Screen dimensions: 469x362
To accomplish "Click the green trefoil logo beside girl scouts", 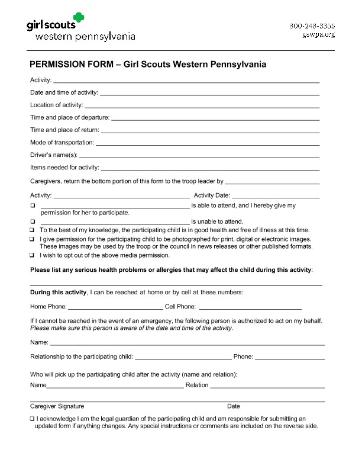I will coord(78,19).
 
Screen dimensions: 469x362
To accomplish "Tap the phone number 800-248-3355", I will coord(312,26).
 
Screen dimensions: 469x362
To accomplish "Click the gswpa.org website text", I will coord(319,34).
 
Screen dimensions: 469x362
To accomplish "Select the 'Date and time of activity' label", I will coord(64,92).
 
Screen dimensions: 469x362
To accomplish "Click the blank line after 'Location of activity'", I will coord(202,106).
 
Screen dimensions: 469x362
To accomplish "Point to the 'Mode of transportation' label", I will coord(62,143).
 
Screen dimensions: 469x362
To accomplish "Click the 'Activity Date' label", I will coord(212,195).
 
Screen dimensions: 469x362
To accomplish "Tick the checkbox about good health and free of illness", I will coord(33,230).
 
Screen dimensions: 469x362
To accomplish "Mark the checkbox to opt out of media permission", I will coord(33,256).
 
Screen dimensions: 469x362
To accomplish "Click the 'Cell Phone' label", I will coord(180,307).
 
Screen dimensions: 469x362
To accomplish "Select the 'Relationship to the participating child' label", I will coord(82,356).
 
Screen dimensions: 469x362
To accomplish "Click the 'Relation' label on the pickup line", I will coord(197,385).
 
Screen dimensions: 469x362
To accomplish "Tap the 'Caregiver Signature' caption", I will coord(57,406).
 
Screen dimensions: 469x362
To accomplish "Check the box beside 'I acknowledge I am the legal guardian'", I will coord(33,419).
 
